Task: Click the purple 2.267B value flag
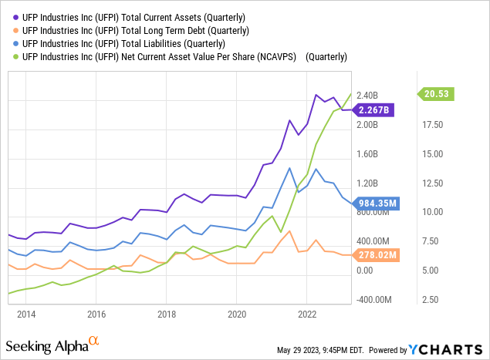pyautogui.click(x=374, y=109)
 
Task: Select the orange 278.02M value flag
pyautogui.click(x=376, y=255)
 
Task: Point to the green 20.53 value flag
pyautogui.click(x=437, y=94)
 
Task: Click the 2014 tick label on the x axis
pyautogui.click(x=26, y=314)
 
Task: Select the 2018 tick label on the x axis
pyautogui.click(x=167, y=314)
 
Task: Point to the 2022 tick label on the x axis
pyautogui.click(x=307, y=314)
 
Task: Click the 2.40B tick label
pyautogui.click(x=368, y=96)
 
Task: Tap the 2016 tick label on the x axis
pyautogui.click(x=96, y=314)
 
